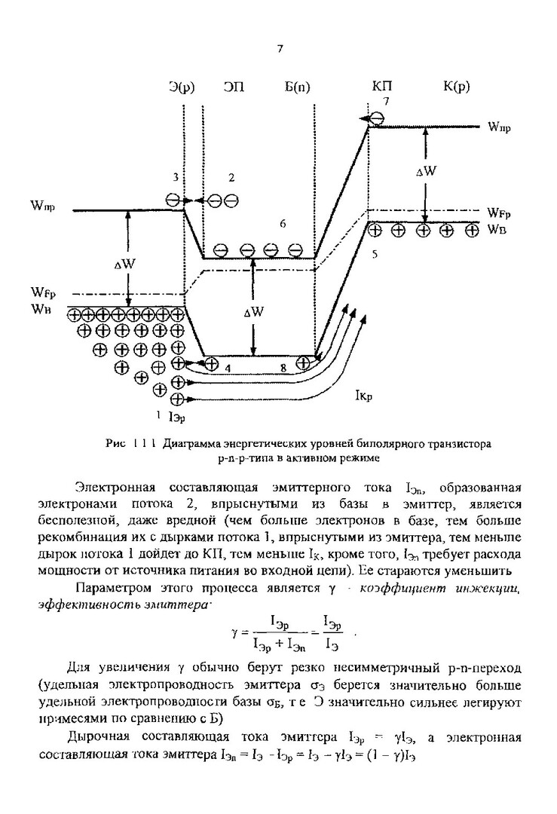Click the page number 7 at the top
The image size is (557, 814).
click(x=280, y=50)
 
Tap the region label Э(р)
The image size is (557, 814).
click(x=182, y=87)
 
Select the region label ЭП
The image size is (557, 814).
click(x=233, y=87)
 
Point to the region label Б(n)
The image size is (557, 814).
click(x=297, y=87)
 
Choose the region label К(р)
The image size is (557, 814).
click(x=456, y=87)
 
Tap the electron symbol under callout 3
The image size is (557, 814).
click(x=174, y=200)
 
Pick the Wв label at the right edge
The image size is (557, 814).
click(x=496, y=228)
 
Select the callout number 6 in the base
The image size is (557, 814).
click(x=282, y=224)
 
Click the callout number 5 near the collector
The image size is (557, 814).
click(x=375, y=256)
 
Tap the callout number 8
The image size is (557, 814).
click(x=283, y=368)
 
